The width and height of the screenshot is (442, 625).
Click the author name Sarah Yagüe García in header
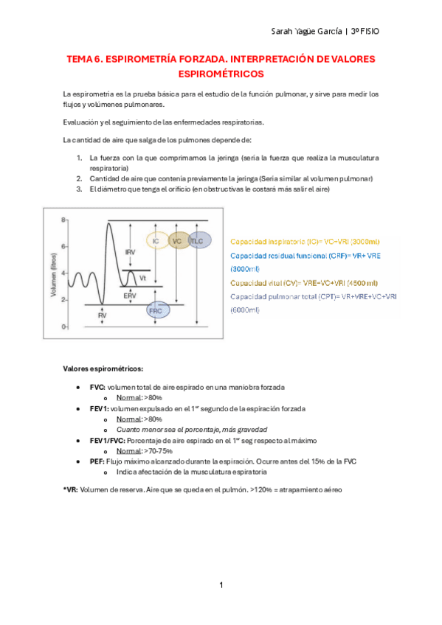point(312,32)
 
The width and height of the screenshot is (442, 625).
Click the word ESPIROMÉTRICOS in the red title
point(221,74)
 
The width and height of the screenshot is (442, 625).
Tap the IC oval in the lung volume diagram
point(156,241)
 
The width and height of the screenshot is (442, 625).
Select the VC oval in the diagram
point(176,241)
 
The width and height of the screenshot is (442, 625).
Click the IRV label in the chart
point(130,252)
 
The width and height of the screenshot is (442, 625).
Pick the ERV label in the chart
point(130,295)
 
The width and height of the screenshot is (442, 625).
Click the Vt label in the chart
point(142,279)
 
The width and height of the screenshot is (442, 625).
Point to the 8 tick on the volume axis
point(64,220)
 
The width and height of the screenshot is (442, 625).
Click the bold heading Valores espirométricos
point(103,368)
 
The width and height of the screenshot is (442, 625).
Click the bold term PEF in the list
point(97,461)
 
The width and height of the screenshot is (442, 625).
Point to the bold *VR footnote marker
point(69,489)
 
